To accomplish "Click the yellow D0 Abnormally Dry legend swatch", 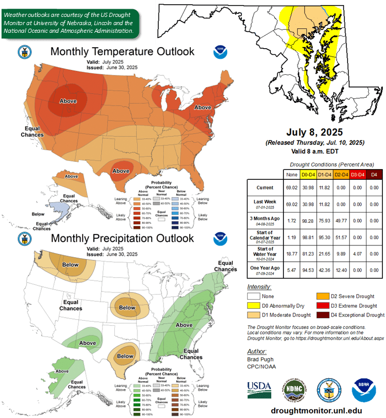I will click(253, 305).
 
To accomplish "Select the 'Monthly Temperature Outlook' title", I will click(123, 51).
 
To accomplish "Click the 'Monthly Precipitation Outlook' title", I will click(123, 238).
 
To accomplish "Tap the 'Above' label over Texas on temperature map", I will click(121, 171).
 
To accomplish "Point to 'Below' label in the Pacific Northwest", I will click(71, 265).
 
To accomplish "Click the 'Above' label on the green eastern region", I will click(184, 325).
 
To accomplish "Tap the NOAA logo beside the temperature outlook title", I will click(219, 52).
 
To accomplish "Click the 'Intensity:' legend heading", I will click(259, 287).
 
